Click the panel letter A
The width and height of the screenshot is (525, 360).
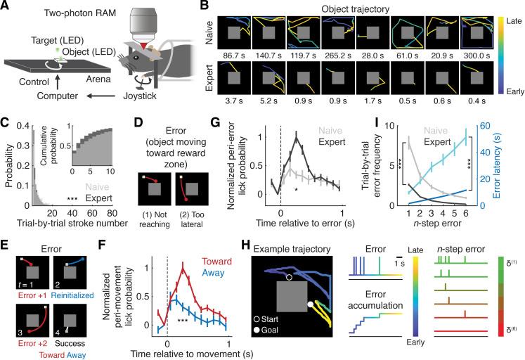pyautogui.click(x=6, y=6)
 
